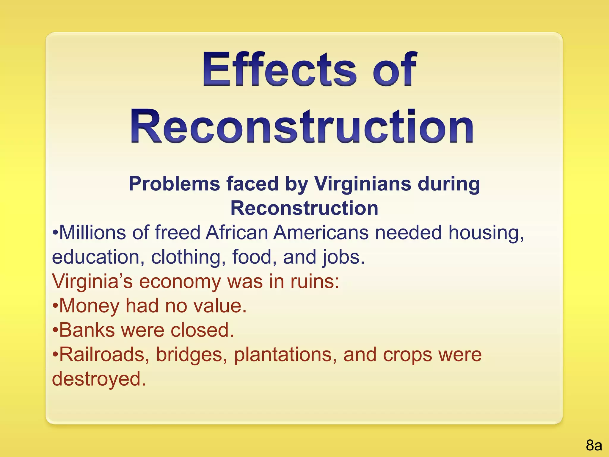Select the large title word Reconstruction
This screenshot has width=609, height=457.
pos(302,126)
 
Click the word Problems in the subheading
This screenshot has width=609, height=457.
pos(174,184)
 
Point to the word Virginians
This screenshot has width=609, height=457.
pos(363,184)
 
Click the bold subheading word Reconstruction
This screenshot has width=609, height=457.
pos(304,208)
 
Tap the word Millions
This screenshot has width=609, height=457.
pos(92,232)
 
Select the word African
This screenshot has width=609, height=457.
pos(237,232)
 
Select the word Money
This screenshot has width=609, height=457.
pos(89,306)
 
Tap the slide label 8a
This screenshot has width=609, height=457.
pos(594,445)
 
